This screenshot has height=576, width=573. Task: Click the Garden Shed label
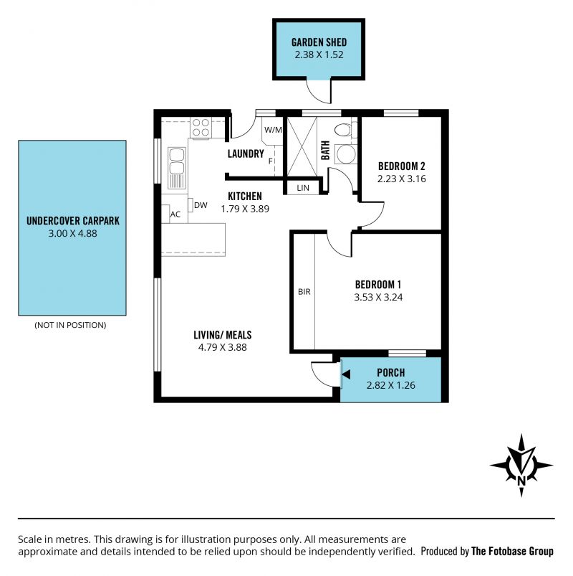(319, 42)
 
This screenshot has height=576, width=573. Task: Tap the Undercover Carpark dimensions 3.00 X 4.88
(72, 233)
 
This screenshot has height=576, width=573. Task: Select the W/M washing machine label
(273, 130)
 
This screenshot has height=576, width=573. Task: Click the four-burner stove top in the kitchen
(201, 128)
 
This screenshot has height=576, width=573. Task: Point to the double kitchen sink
(177, 168)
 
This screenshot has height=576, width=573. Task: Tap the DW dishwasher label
(201, 205)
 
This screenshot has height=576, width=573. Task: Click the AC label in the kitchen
(175, 214)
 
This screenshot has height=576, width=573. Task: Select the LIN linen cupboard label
(303, 188)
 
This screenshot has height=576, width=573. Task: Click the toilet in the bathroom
(344, 130)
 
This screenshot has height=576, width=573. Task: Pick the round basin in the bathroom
(346, 154)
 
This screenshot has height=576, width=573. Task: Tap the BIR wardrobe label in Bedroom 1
(304, 292)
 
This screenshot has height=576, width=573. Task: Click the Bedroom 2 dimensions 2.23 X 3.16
(402, 179)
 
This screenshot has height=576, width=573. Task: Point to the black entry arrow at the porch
(346, 374)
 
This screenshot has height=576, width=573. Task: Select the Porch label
(391, 373)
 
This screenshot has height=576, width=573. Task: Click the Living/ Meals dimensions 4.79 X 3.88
(223, 347)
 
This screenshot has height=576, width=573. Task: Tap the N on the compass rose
(521, 480)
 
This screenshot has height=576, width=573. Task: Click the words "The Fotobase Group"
(512, 552)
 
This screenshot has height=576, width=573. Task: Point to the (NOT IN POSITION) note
(70, 325)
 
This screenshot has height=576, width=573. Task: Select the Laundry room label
(246, 154)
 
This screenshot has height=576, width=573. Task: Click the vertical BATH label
(325, 150)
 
